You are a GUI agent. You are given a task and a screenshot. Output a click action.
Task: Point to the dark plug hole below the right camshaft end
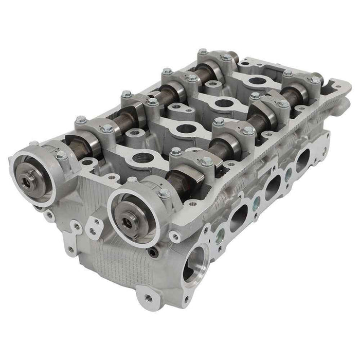tap(153, 253)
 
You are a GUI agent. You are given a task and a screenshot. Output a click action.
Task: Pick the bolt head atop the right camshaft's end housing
tap(164, 193)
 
